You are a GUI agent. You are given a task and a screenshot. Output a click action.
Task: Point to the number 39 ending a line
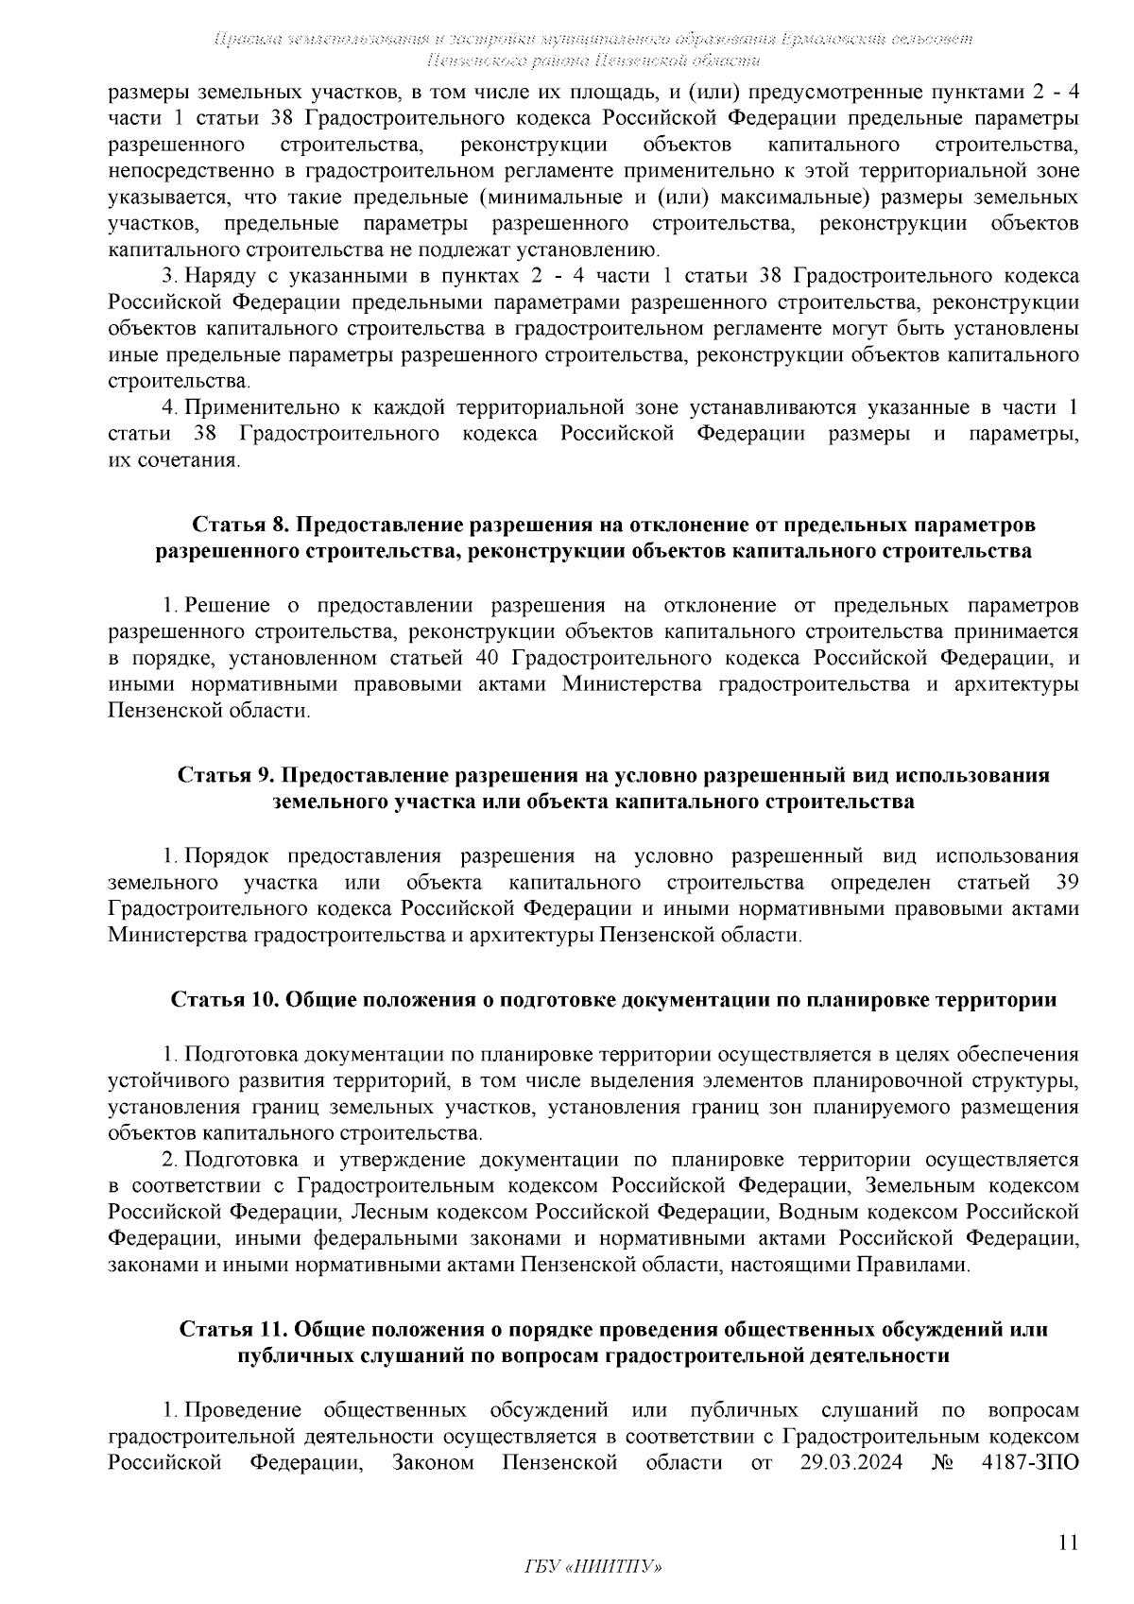1065,883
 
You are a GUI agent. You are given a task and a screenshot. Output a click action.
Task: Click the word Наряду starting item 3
217,276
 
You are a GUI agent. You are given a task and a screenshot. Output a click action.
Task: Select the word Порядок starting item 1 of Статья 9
226,856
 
